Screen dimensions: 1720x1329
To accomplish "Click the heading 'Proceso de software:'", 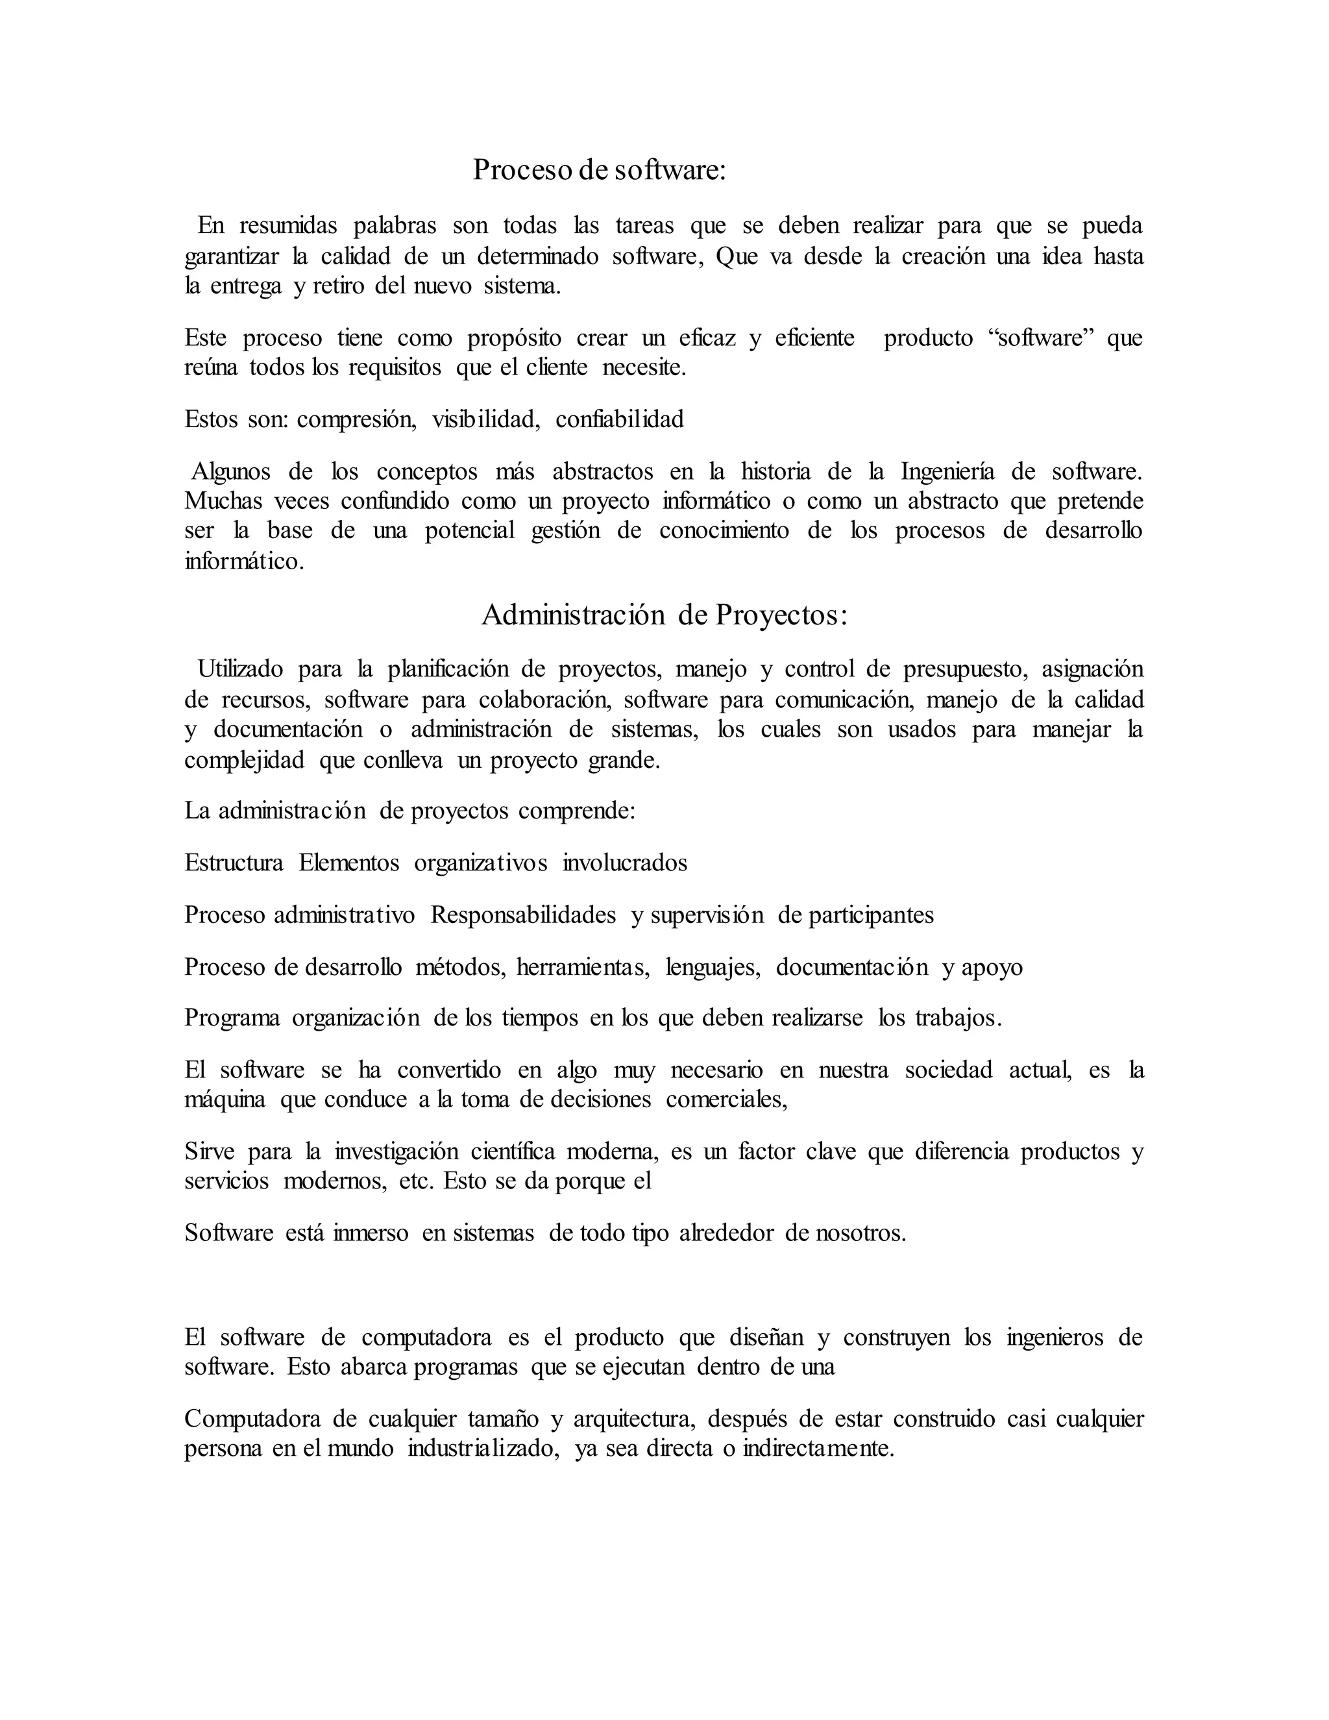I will (x=598, y=170).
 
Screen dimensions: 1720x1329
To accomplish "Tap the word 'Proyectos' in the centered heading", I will (x=780, y=615).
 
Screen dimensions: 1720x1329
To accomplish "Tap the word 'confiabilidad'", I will (x=620, y=420).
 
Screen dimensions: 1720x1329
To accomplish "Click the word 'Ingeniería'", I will (x=947, y=472).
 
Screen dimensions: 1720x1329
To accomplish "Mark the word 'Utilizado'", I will (x=239, y=669).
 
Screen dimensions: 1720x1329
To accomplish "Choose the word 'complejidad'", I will (x=244, y=761).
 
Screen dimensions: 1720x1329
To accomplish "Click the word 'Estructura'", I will (x=234, y=863).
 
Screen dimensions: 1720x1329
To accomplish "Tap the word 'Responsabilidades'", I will (x=523, y=915).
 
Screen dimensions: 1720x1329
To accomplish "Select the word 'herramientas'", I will (x=583, y=967).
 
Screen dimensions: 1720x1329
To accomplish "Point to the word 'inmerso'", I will (x=370, y=1233).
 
